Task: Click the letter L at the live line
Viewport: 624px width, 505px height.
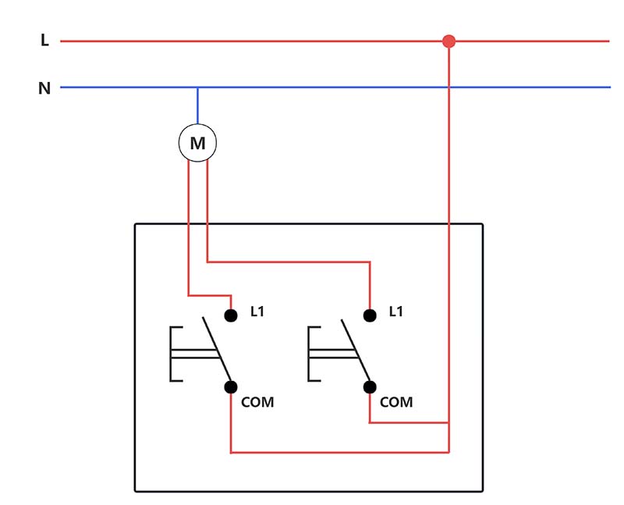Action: [x=44, y=41]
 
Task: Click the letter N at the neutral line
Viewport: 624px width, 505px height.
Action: [x=44, y=88]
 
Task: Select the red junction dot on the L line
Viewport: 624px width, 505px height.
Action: [x=448, y=41]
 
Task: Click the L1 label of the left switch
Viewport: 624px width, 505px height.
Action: [x=257, y=311]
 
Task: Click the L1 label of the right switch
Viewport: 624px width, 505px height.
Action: [x=396, y=311]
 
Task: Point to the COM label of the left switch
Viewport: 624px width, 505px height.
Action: [x=257, y=403]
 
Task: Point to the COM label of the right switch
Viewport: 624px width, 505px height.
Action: [x=396, y=403]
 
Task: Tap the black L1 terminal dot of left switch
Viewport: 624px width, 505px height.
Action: [x=231, y=315]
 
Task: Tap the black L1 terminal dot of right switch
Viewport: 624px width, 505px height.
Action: [x=370, y=315]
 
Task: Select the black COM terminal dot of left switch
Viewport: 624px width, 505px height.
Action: [x=231, y=386]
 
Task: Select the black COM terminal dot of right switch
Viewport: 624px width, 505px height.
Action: [x=370, y=386]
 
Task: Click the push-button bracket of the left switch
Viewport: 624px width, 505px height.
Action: [x=173, y=355]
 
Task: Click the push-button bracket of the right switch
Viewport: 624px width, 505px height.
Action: [x=312, y=355]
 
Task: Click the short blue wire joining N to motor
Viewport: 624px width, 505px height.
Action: [x=197, y=106]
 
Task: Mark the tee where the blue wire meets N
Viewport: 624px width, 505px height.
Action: [x=197, y=87]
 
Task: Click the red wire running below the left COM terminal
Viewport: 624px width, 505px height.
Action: [x=232, y=425]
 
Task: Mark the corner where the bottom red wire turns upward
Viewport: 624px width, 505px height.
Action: [x=448, y=451]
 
